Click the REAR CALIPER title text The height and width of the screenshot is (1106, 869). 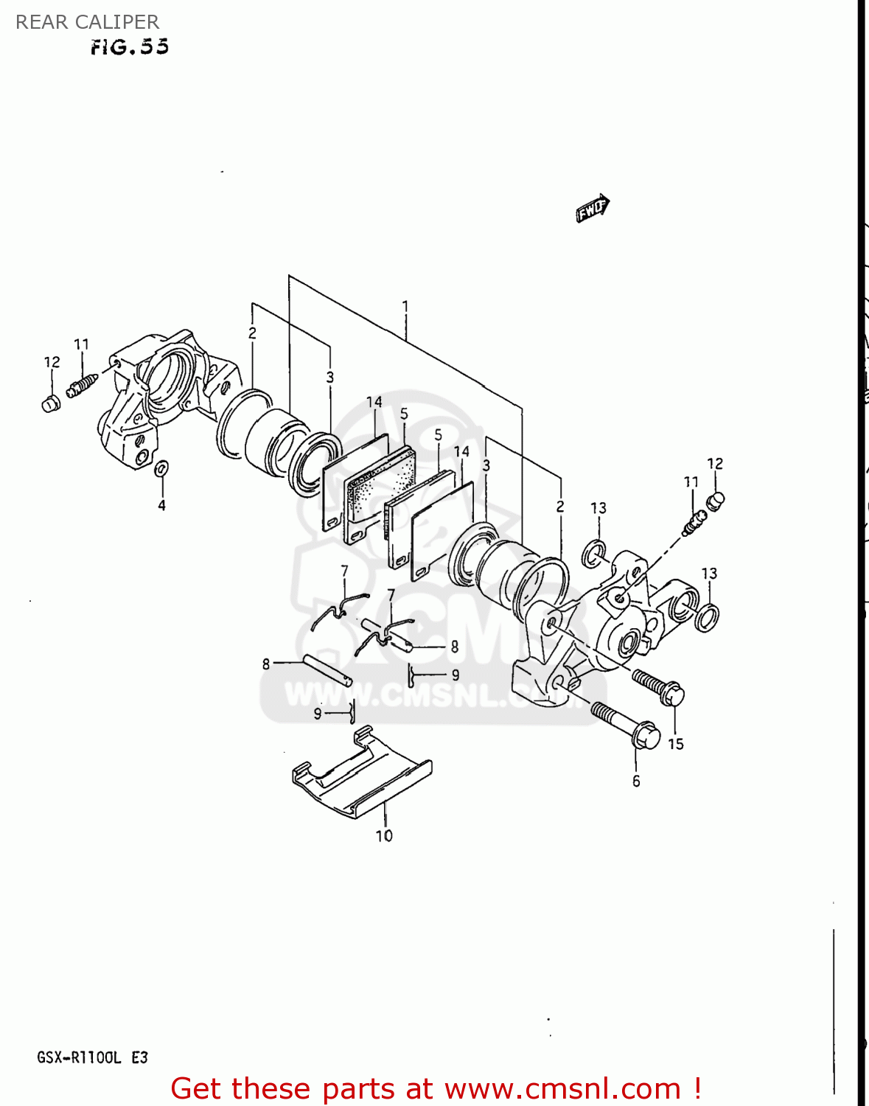point(87,22)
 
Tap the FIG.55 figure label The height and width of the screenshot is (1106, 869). point(130,47)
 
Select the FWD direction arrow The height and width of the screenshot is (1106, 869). point(593,208)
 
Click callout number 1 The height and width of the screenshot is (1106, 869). point(405,306)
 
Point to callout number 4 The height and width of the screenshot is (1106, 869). point(161,505)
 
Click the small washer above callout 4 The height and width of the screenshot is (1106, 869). point(161,468)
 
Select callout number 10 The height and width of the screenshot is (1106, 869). point(384,835)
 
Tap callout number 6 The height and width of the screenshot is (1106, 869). point(636,781)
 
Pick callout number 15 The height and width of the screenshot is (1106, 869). point(676,744)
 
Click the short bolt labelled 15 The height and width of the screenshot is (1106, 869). point(658,686)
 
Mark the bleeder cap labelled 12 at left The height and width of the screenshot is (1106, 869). point(51,403)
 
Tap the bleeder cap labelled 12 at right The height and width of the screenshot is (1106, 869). point(716,501)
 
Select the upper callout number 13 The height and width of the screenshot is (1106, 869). point(598,508)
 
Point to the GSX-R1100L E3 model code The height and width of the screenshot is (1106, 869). point(93,1057)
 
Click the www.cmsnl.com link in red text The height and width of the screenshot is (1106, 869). point(562,1088)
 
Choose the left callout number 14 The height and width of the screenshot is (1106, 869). point(374,402)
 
